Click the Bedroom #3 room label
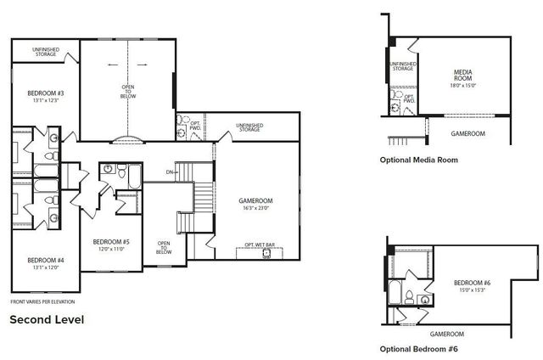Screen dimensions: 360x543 click(40, 93)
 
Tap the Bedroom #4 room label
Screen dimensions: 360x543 click(40, 261)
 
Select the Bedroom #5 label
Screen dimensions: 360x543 click(110, 241)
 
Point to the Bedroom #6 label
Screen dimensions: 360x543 click(472, 283)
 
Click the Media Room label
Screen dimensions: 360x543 click(462, 74)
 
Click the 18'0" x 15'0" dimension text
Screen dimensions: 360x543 click(462, 86)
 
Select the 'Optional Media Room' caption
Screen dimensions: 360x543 click(420, 159)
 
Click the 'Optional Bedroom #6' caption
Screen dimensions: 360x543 click(420, 348)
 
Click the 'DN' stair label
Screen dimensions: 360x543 click(171, 172)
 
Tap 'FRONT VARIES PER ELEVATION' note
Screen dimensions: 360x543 click(42, 301)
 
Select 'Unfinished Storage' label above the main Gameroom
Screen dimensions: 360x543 click(249, 127)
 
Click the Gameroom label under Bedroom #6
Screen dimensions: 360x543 click(446, 334)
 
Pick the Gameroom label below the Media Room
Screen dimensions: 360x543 click(467, 134)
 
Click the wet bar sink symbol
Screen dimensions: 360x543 click(266, 253)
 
